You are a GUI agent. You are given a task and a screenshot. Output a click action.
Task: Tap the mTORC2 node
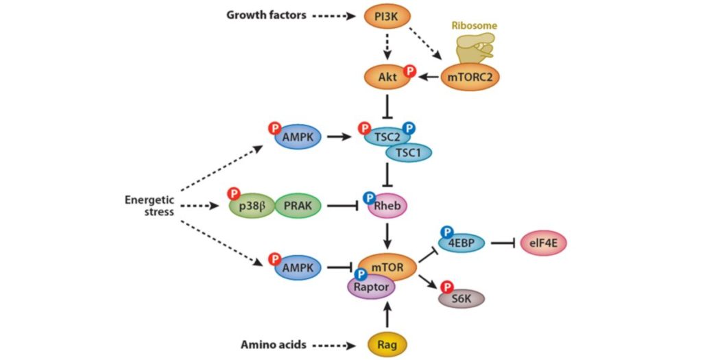[x=470, y=77]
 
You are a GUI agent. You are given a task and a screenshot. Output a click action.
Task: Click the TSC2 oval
[x=386, y=136]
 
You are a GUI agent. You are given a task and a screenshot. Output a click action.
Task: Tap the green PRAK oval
[x=298, y=205]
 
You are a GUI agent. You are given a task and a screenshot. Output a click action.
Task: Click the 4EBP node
[x=461, y=242]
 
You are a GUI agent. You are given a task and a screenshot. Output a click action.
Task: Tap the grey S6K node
[x=461, y=298]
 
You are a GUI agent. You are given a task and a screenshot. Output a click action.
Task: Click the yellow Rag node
[x=387, y=343]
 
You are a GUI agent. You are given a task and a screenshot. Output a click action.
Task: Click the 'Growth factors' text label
[x=266, y=14]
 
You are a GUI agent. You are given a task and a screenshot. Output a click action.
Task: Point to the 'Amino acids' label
[x=274, y=343]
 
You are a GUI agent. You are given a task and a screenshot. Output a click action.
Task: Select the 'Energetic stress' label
[x=149, y=206]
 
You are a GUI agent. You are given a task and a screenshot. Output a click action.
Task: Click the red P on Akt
[x=409, y=71]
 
